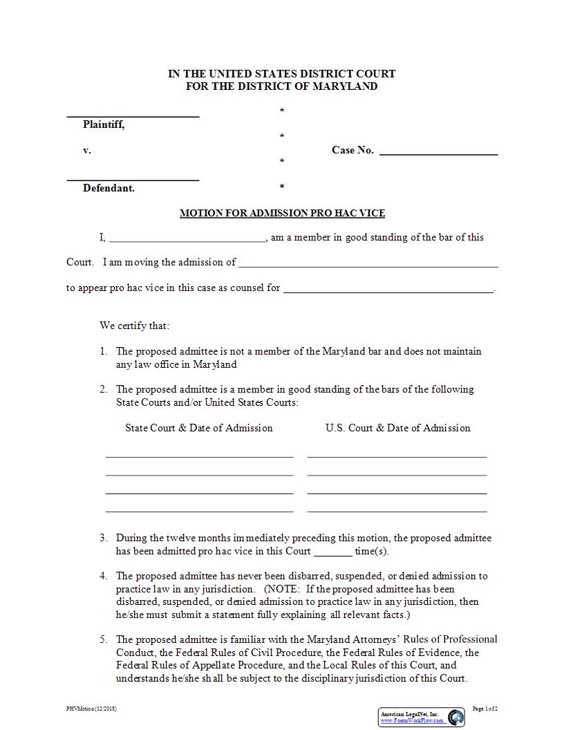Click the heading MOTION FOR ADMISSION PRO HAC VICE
coord(282,213)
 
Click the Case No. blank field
coord(438,152)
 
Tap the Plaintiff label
coord(104,124)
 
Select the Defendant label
coord(109,188)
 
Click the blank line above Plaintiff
coord(133,115)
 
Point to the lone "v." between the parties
coord(87,150)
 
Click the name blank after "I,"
coord(187,239)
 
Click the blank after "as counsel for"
coord(388,290)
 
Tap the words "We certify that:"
coord(134,326)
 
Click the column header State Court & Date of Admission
coord(199,428)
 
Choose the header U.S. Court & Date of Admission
coord(397,428)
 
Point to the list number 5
coord(103,639)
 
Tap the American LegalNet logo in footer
coord(456,717)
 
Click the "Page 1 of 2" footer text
coord(485,709)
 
